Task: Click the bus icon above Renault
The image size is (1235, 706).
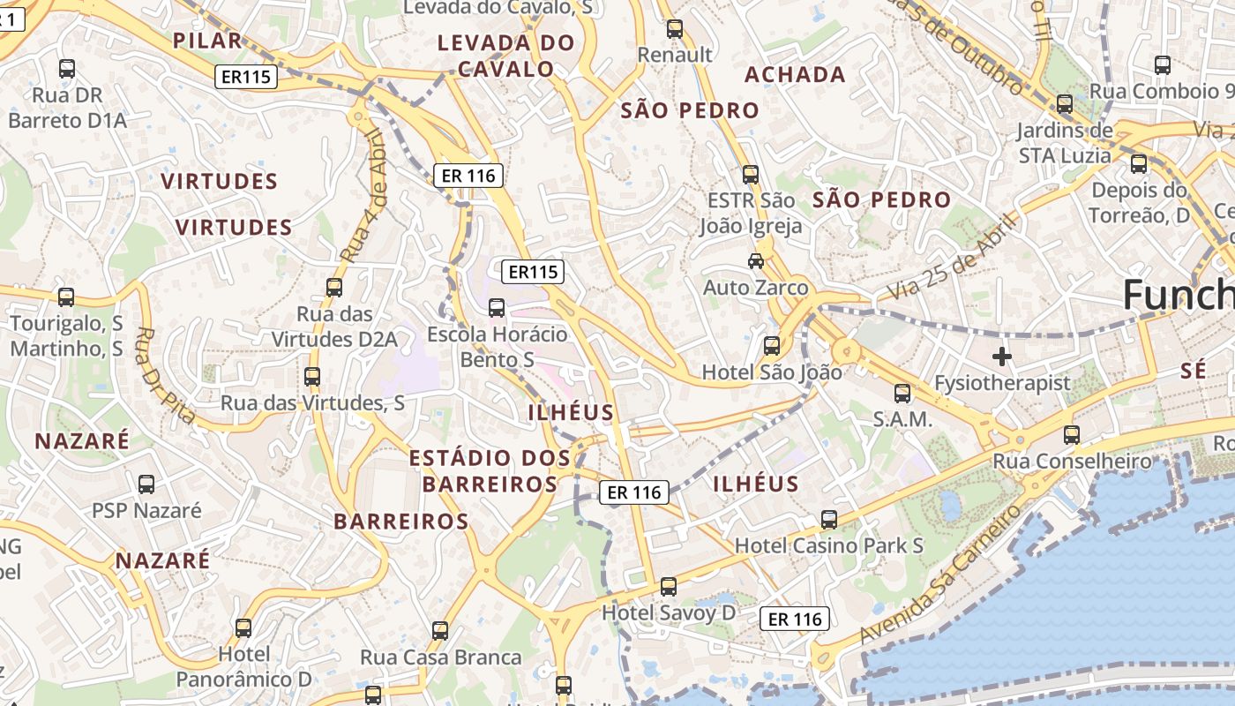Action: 675,29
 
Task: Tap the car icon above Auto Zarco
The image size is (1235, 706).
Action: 756,261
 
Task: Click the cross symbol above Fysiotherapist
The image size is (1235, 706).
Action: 1001,357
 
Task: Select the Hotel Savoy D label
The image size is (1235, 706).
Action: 669,612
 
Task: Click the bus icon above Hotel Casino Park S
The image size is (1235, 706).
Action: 828,520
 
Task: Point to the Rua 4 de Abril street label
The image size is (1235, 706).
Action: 362,196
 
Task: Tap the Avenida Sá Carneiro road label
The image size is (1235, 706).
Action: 939,575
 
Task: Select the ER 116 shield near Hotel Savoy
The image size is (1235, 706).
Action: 795,620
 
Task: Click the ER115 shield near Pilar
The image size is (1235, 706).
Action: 246,77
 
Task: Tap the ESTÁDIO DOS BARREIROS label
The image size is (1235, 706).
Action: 490,470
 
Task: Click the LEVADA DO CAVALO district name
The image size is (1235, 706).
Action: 506,56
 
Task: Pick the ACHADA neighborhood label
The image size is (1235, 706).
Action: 795,75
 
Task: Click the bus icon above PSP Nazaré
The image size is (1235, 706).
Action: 146,484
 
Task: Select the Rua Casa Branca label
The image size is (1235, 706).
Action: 441,657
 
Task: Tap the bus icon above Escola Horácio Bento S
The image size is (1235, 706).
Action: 497,308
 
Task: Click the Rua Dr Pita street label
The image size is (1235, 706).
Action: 165,375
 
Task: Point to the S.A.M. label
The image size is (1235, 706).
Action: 902,419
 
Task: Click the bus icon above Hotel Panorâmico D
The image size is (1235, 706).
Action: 243,628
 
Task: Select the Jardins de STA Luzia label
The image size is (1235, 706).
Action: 1064,143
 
